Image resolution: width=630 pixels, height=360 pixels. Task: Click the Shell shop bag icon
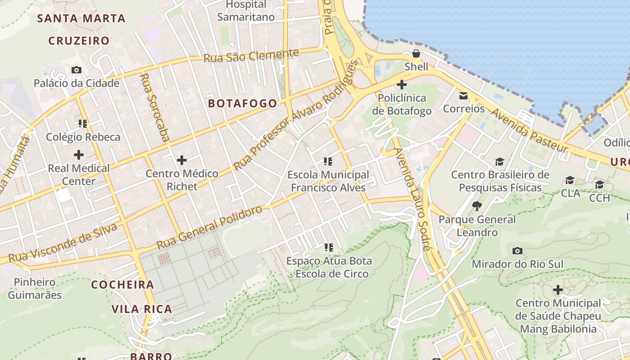(x=416, y=54)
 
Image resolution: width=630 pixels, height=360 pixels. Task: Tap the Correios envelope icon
(x=463, y=95)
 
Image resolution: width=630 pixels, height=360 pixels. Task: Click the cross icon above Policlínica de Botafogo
(x=402, y=84)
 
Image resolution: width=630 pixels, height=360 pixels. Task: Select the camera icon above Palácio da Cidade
(x=76, y=70)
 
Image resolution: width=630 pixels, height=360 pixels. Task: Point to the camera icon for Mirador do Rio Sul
(x=517, y=251)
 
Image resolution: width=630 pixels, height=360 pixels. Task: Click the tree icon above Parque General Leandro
(x=477, y=206)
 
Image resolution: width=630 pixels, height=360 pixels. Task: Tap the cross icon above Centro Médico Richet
(x=182, y=160)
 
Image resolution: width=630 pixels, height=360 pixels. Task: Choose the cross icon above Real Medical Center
(x=79, y=155)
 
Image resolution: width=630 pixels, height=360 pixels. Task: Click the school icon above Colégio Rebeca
(x=83, y=123)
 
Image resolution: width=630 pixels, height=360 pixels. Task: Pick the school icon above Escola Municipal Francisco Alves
(x=328, y=161)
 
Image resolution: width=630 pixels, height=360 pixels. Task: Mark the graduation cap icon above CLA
(x=570, y=180)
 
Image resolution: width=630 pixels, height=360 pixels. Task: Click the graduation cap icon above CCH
(x=599, y=185)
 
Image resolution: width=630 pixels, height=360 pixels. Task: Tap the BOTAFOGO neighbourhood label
(x=243, y=103)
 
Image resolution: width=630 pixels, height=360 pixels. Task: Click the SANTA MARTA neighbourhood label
(x=81, y=18)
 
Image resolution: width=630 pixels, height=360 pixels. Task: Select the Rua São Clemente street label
(x=251, y=56)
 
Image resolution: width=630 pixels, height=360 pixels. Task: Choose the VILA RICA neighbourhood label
(x=142, y=309)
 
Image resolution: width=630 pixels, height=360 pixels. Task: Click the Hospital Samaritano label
(x=246, y=11)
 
